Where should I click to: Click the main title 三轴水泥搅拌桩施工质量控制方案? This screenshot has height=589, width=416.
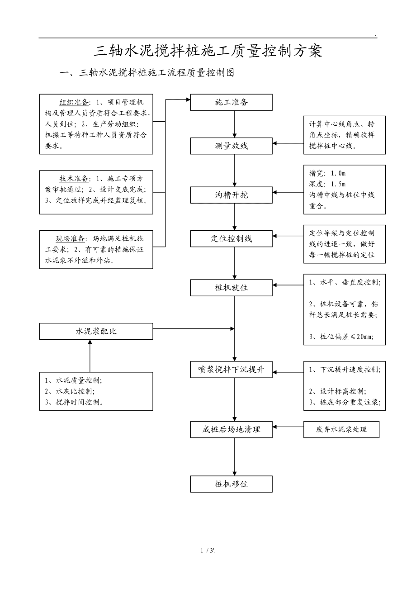click(x=208, y=51)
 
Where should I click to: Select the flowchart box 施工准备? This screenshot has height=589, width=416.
click(x=231, y=102)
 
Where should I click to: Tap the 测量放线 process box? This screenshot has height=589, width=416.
click(x=231, y=146)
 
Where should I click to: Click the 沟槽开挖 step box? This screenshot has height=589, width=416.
click(x=231, y=195)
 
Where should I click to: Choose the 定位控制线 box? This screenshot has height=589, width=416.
click(x=231, y=238)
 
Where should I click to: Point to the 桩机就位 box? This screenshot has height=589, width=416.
click(x=231, y=287)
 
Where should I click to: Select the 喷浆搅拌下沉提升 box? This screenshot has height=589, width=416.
click(x=231, y=370)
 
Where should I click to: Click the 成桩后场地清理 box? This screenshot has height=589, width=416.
click(x=231, y=429)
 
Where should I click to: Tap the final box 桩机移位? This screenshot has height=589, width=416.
click(x=231, y=484)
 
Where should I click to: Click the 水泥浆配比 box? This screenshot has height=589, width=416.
click(x=96, y=331)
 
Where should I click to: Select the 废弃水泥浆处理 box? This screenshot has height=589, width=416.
click(x=341, y=429)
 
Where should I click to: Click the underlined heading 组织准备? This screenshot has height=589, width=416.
click(x=75, y=102)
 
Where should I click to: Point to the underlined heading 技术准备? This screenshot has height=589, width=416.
click(x=75, y=178)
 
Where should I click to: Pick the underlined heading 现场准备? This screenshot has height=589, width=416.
click(x=71, y=238)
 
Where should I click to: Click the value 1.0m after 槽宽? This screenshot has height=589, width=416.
click(x=338, y=173)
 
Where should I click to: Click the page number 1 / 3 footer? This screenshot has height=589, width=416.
click(x=208, y=550)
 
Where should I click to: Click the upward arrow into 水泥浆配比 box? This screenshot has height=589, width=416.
click(x=90, y=355)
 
